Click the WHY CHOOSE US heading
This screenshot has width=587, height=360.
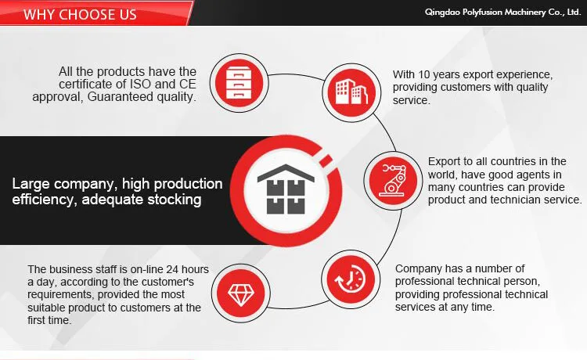[80, 14]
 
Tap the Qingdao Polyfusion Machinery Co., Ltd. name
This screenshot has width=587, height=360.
[502, 12]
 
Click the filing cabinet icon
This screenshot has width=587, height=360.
[239, 82]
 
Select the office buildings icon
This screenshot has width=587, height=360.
[351, 92]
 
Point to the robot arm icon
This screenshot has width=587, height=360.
[393, 180]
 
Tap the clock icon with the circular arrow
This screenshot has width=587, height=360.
[351, 279]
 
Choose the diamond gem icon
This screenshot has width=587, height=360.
[241, 293]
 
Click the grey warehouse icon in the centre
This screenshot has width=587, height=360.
[286, 189]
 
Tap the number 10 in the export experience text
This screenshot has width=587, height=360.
[424, 74]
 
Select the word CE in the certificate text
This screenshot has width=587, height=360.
[188, 84]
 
